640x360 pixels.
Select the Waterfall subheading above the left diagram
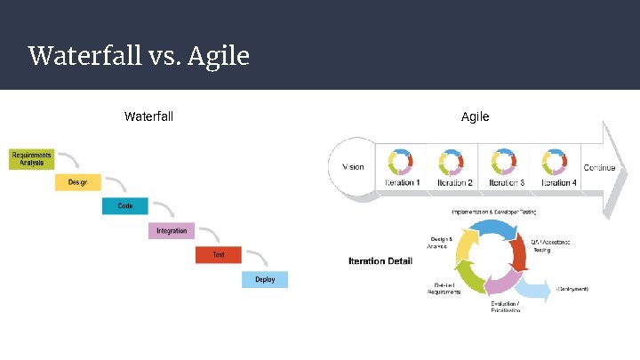click(x=148, y=116)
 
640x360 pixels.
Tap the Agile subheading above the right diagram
click(x=475, y=116)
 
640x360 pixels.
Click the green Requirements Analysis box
click(x=32, y=158)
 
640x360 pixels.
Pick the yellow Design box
click(x=78, y=182)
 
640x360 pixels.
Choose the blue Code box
click(x=124, y=206)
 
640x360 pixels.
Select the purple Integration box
click(x=172, y=231)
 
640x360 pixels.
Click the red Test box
click(x=219, y=255)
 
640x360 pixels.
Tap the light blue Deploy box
click(x=265, y=279)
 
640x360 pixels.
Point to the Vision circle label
click(x=353, y=167)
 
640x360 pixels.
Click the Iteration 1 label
click(x=402, y=183)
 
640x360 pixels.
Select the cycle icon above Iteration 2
click(x=452, y=162)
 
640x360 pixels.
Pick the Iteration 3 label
click(x=505, y=183)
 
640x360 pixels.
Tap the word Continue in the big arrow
click(x=599, y=168)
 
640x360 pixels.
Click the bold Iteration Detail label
click(x=380, y=261)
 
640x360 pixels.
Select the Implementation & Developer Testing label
click(x=493, y=212)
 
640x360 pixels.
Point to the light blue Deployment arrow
click(x=533, y=288)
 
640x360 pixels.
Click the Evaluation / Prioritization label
click(x=505, y=307)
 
